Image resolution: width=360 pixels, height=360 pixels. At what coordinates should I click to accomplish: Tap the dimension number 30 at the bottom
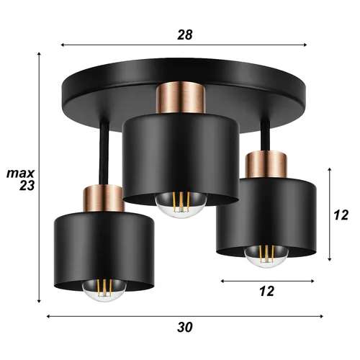coord(185,327)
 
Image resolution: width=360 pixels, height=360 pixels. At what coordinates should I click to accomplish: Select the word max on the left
coord(19,174)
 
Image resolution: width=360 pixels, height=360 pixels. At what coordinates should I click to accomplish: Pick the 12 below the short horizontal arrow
coord(266,291)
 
